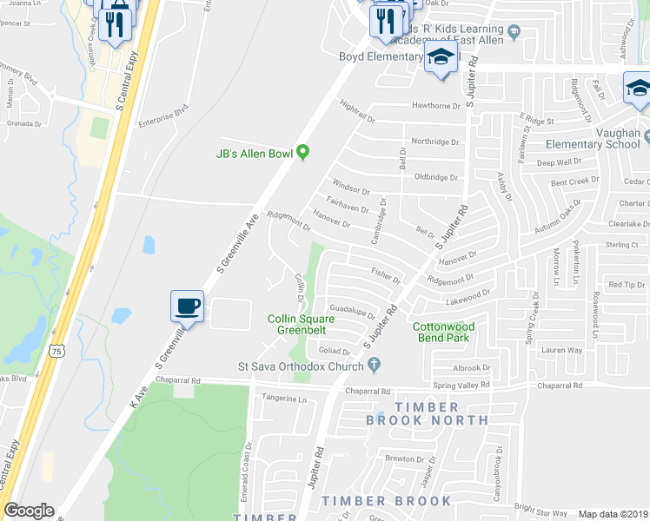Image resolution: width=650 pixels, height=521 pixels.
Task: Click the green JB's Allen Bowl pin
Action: (302, 153)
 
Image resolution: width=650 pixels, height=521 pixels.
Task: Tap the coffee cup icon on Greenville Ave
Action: (188, 307)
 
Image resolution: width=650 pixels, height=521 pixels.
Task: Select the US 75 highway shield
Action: (56, 351)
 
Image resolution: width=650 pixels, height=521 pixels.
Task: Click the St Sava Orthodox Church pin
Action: (374, 366)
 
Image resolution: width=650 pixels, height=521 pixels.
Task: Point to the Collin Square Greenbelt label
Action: (300, 325)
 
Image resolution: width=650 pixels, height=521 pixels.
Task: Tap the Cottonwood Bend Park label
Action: (441, 332)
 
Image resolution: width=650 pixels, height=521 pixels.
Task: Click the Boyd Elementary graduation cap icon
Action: (441, 58)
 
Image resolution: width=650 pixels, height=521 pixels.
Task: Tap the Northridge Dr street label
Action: (434, 142)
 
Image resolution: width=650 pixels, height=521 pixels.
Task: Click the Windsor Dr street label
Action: (352, 187)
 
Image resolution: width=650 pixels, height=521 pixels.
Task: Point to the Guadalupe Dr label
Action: (352, 311)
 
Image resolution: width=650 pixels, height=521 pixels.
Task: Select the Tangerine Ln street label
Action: (285, 399)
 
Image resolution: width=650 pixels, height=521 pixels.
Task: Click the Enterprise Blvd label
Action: (163, 115)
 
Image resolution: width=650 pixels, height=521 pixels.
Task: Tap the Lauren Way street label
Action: (561, 350)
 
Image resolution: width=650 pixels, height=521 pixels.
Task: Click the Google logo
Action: (29, 511)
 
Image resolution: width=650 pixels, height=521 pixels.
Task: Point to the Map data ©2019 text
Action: (612, 514)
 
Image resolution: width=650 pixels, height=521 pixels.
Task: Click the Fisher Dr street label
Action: (386, 276)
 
